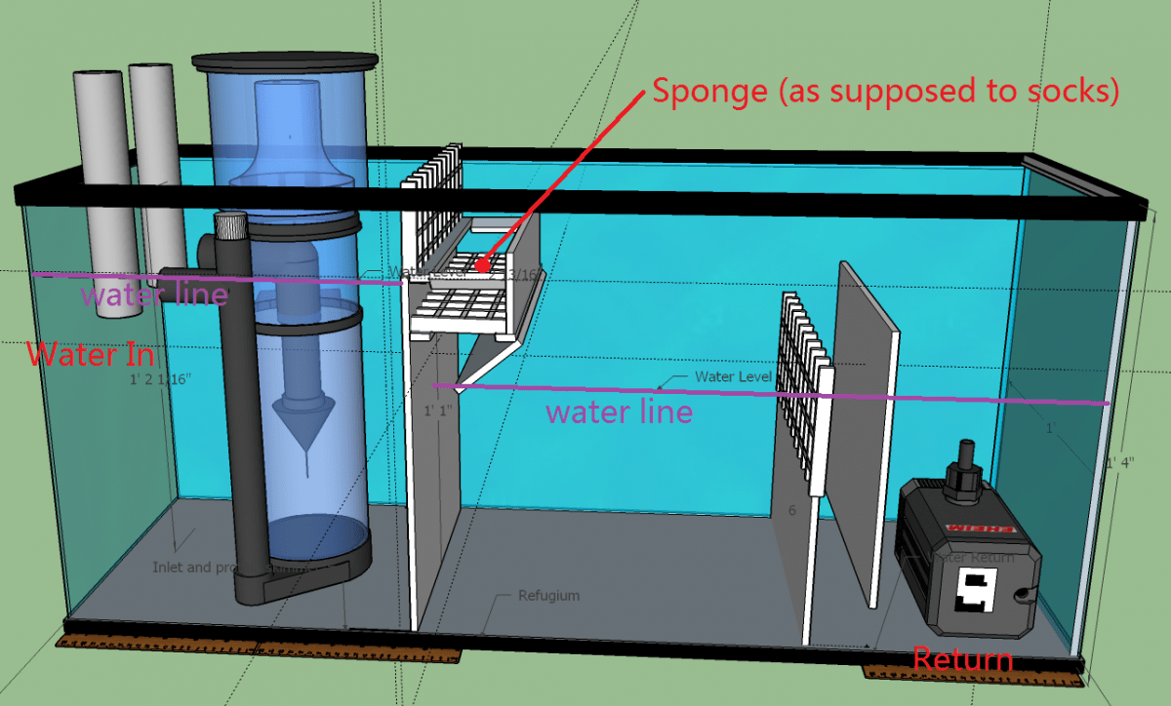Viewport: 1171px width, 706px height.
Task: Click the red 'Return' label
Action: click(x=962, y=660)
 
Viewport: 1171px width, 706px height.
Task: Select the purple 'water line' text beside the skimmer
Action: click(x=154, y=294)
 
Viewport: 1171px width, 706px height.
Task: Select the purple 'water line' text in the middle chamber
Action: click(x=619, y=411)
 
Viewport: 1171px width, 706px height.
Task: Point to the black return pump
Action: click(x=966, y=556)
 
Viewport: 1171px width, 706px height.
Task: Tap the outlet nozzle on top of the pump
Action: click(x=966, y=458)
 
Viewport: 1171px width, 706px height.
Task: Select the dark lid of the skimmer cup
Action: click(x=284, y=62)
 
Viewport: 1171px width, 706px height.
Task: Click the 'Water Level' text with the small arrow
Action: click(x=733, y=376)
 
